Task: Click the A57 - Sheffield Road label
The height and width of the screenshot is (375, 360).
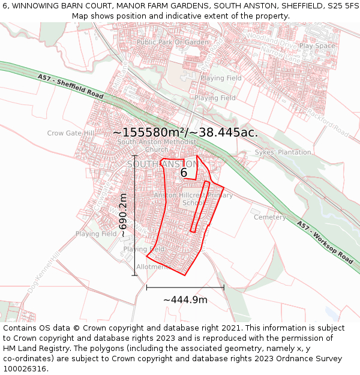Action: (x=70, y=87)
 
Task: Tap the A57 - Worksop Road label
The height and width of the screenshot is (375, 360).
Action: (x=325, y=242)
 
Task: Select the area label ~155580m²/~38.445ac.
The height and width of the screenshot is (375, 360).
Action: (x=185, y=133)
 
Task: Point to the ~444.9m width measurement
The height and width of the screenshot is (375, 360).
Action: (x=185, y=299)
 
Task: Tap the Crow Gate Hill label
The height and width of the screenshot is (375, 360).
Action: (x=71, y=133)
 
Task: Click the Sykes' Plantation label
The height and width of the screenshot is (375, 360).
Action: (x=283, y=152)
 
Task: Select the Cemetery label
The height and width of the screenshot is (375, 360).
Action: (x=269, y=217)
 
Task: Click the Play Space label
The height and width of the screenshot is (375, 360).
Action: (x=317, y=46)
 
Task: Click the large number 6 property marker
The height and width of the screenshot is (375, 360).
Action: (x=184, y=173)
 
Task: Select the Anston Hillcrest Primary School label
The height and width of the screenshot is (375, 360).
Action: (x=193, y=199)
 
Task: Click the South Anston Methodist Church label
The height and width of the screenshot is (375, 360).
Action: (x=157, y=146)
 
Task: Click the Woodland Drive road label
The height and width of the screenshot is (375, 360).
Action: (x=277, y=43)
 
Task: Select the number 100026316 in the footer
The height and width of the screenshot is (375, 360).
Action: (x=25, y=368)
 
